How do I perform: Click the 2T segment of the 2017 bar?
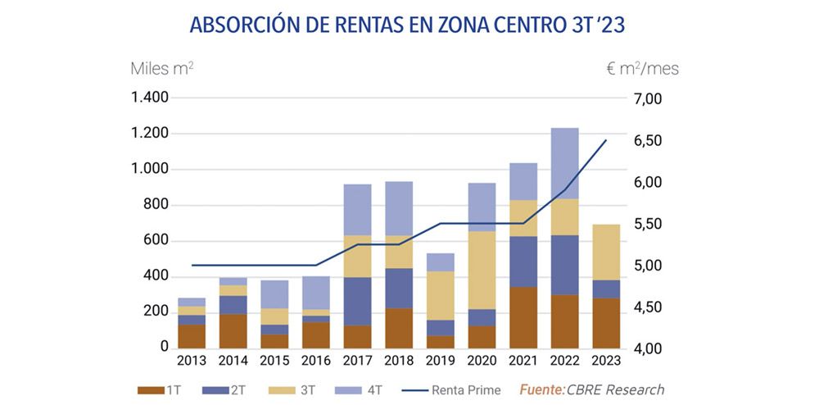click(357, 301)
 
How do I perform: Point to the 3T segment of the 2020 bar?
click(482, 270)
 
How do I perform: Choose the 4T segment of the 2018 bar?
click(399, 208)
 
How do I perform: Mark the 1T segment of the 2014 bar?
click(233, 330)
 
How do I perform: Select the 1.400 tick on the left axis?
click(150, 98)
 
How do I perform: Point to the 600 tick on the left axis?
click(156, 241)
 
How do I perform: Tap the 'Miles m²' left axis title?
click(162, 68)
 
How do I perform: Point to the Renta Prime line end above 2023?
click(606, 140)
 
